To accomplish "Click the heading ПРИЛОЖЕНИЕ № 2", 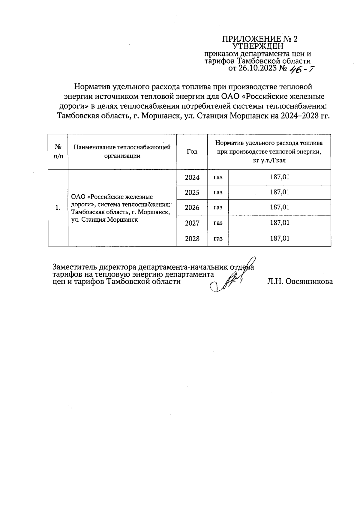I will pyautogui.click(x=259, y=39).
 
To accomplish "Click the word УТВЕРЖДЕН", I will pyautogui.click(x=258, y=46).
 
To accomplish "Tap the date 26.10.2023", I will pyautogui.click(x=258, y=69).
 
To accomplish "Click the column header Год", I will pyautogui.click(x=192, y=152).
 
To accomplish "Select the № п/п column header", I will pyautogui.click(x=58, y=151).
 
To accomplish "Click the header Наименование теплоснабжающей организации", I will pyautogui.click(x=122, y=152).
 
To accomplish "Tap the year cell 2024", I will pyautogui.click(x=192, y=178).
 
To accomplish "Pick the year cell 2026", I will pyautogui.click(x=192, y=208).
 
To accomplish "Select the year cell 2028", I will pyautogui.click(x=192, y=239).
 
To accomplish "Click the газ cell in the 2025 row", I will pyautogui.click(x=218, y=192).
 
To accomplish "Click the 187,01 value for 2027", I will pyautogui.click(x=280, y=223).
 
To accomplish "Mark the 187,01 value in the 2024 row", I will pyautogui.click(x=280, y=177).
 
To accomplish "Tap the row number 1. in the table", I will pyautogui.click(x=58, y=208).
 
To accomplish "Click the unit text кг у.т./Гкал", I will pyautogui.click(x=269, y=160).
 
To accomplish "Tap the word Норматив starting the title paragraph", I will pyautogui.click(x=91, y=87).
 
